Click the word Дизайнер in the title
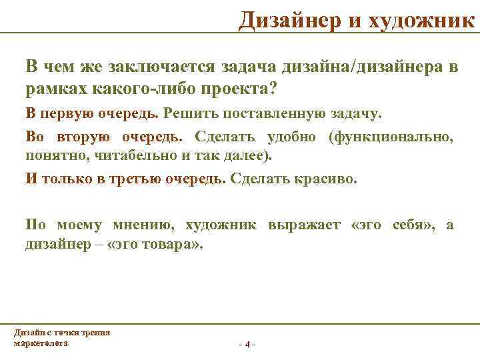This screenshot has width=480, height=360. [x=289, y=20]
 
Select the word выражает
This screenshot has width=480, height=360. [x=303, y=225]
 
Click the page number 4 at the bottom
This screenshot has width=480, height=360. [x=247, y=345]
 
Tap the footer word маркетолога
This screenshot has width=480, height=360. [x=40, y=342]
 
